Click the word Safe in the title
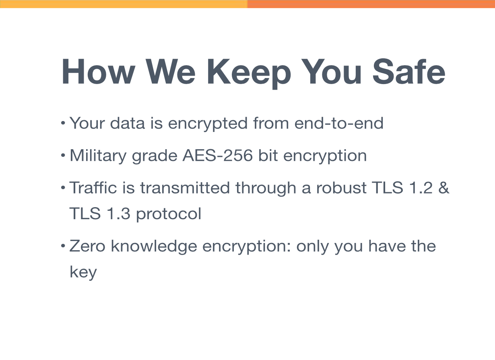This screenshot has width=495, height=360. click(409, 72)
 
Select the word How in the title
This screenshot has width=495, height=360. click(99, 72)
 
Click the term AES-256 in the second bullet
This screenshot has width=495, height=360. click(217, 156)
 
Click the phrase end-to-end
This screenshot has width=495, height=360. click(339, 123)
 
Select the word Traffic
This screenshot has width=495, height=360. click(93, 187)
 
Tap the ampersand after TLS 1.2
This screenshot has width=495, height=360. click(444, 188)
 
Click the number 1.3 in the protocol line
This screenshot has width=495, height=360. click(118, 213)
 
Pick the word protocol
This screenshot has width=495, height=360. click(169, 214)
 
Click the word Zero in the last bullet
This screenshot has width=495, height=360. click(87, 246)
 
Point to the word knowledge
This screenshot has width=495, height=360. click(154, 247)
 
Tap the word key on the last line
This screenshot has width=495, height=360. click(83, 272)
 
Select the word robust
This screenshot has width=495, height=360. click(341, 187)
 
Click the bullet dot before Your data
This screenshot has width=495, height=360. click(63, 123)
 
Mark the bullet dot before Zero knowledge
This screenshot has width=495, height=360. click(63, 246)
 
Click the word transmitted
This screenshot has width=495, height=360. click(185, 187)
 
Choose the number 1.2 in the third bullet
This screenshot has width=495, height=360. click(421, 188)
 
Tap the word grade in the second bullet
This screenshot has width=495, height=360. click(155, 156)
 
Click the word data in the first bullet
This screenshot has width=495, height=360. click(128, 123)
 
